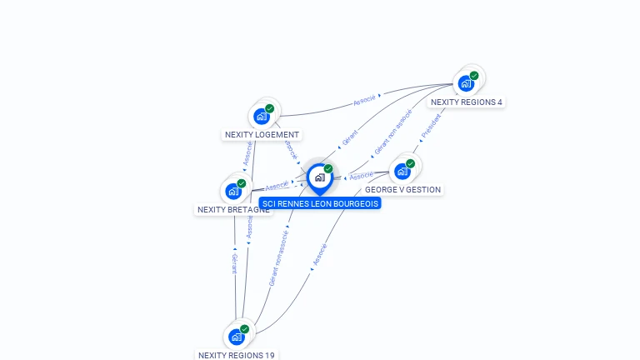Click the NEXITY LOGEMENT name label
[x=262, y=134]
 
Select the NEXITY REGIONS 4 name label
[x=467, y=102]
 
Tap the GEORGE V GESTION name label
[x=402, y=190]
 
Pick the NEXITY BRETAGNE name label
[x=232, y=210]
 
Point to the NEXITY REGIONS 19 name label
[x=237, y=355]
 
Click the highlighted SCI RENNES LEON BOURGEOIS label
[x=320, y=203]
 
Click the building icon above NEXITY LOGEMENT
[x=262, y=116]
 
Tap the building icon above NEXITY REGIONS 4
[x=467, y=83]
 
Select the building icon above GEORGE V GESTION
[x=403, y=171]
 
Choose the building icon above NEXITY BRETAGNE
[x=234, y=191]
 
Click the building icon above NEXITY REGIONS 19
[x=237, y=337]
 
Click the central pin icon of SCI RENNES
[x=320, y=177]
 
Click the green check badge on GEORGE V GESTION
[x=411, y=163]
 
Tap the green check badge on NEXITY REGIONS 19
[x=245, y=329]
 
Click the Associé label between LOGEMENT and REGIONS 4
[x=364, y=100]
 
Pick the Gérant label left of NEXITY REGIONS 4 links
[x=350, y=137]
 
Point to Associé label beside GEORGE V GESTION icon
[x=361, y=176]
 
